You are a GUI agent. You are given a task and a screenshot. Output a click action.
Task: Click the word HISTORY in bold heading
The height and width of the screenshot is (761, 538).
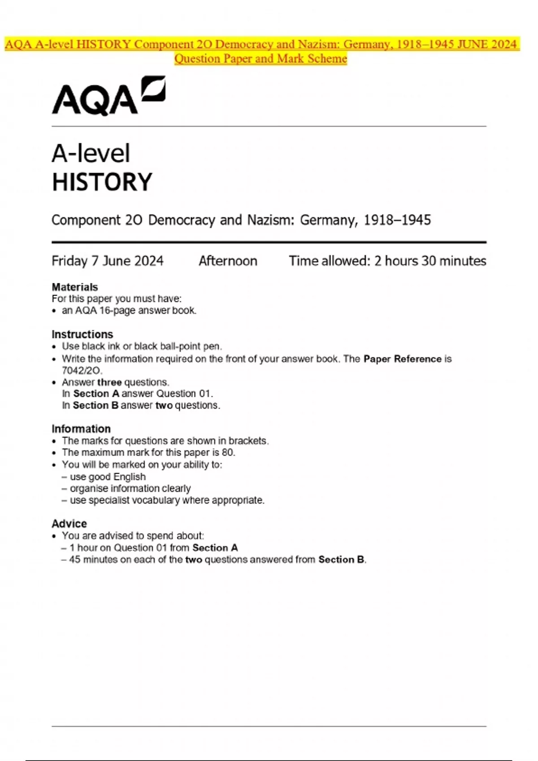pyautogui.click(x=102, y=182)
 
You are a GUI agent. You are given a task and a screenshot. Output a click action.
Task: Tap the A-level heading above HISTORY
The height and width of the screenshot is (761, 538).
pyautogui.click(x=91, y=154)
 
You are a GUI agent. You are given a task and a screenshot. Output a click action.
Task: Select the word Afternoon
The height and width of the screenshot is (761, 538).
pyautogui.click(x=228, y=261)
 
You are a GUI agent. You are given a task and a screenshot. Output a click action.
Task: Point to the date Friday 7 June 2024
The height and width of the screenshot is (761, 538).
pyautogui.click(x=108, y=261)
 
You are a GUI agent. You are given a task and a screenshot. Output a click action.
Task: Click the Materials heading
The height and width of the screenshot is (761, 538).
pyautogui.click(x=75, y=287)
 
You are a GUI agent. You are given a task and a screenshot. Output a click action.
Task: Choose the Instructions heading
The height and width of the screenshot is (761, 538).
pyautogui.click(x=82, y=334)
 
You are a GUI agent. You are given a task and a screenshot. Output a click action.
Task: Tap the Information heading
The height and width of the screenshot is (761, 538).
pyautogui.click(x=81, y=429)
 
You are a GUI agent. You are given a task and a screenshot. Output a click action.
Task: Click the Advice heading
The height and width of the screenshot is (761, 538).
pyautogui.click(x=69, y=524)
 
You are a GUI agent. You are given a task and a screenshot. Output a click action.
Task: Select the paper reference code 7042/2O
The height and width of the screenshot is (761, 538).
pyautogui.click(x=82, y=371)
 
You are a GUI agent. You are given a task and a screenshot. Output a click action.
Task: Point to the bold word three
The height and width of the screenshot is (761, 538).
pyautogui.click(x=109, y=382)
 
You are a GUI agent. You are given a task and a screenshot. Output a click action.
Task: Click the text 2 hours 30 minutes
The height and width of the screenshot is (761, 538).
pyautogui.click(x=430, y=261)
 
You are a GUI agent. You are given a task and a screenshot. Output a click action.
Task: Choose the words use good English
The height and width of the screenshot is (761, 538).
pyautogui.click(x=108, y=477)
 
